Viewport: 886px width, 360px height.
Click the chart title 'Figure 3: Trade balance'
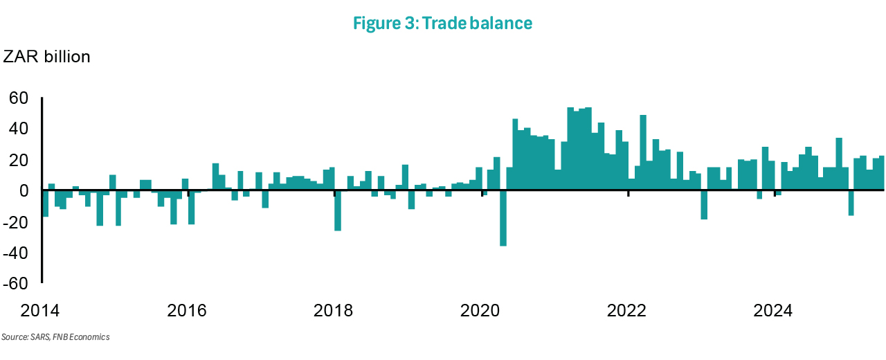click(442, 23)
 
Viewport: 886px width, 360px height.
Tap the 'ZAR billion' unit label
click(47, 57)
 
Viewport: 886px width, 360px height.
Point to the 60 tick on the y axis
click(18, 98)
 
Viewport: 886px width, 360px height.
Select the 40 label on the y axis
click(18, 129)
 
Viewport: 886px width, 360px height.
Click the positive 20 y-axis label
click(18, 160)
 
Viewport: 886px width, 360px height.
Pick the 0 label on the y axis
click(23, 190)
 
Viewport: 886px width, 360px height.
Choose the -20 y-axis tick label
click(15, 222)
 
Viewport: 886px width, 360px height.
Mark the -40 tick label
click(15, 253)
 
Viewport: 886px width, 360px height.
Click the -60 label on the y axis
click(15, 283)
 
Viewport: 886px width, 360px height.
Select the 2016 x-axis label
click(188, 311)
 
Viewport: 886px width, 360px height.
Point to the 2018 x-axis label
click(334, 311)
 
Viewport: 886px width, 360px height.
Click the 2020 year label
click(481, 311)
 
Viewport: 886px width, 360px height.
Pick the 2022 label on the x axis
click(627, 311)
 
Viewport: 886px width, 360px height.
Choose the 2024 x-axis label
click(774, 311)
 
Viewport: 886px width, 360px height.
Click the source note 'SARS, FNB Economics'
click(55, 337)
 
